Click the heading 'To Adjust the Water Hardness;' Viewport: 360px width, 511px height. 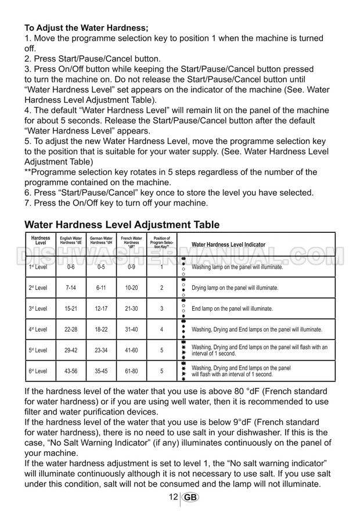point(87,27)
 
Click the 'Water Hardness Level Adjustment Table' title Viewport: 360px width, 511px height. point(122,225)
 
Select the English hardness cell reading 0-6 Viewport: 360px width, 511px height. point(71,267)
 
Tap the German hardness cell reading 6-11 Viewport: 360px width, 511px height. point(101,288)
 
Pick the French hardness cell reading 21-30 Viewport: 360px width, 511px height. point(131,309)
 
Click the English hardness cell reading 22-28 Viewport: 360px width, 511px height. point(71,329)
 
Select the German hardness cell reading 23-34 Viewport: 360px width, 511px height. point(101,350)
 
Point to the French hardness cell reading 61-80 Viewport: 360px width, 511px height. point(131,370)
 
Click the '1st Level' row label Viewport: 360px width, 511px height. point(38,267)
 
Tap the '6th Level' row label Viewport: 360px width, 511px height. point(38,370)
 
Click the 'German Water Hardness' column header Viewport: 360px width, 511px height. point(101,241)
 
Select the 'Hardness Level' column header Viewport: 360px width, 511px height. point(40,241)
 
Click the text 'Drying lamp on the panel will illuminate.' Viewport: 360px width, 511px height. point(235,288)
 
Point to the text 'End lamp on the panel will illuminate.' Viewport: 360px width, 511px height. point(232,309)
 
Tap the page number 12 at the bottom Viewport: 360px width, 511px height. point(174,498)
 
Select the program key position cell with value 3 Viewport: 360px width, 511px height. point(161,309)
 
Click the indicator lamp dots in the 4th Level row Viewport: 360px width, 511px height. point(183,329)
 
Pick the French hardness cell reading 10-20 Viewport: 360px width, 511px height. point(131,288)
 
